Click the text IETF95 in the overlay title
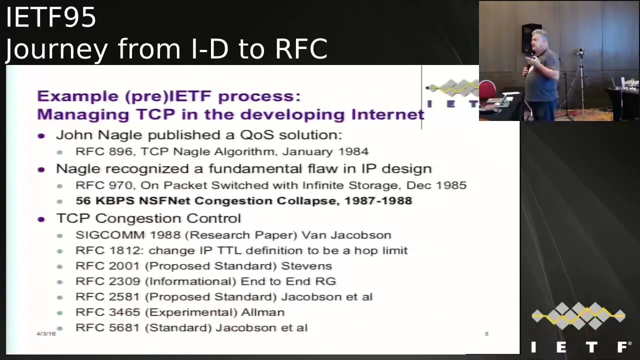[50, 18]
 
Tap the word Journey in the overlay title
[56, 49]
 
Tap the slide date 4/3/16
[46, 333]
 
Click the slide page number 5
[486, 333]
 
